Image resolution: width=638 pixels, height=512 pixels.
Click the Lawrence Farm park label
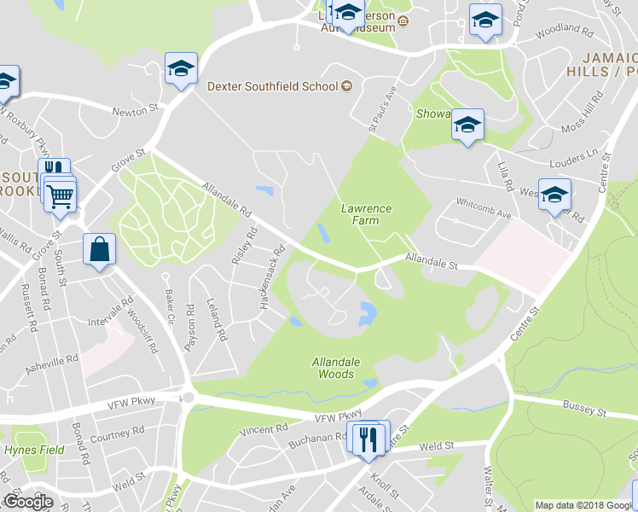pos(366,213)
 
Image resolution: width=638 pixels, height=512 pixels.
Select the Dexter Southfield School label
pos(273,86)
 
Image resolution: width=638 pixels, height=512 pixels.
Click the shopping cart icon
pos(61,196)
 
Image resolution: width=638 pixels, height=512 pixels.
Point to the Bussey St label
pos(583,411)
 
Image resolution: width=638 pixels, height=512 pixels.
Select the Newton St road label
pos(137,109)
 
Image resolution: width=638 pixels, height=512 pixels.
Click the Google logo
pos(28,501)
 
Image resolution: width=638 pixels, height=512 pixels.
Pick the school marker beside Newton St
pos(181,68)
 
